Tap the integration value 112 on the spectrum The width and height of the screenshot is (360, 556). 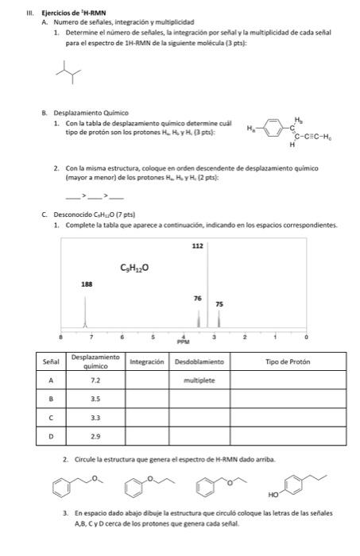click(x=198, y=246)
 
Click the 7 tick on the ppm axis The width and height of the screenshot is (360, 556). click(x=91, y=336)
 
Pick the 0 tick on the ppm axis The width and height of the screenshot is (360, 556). click(x=306, y=336)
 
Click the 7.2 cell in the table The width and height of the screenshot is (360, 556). click(x=95, y=380)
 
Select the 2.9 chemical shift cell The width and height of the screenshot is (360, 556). click(x=95, y=437)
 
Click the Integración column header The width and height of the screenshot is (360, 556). click(x=147, y=362)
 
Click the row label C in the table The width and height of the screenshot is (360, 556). click(x=51, y=418)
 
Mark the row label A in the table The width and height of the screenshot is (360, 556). click(x=51, y=380)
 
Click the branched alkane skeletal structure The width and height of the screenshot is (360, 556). click(x=69, y=75)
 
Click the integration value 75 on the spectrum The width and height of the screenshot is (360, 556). click(x=220, y=305)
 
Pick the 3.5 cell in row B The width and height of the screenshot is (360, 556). click(x=95, y=400)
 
